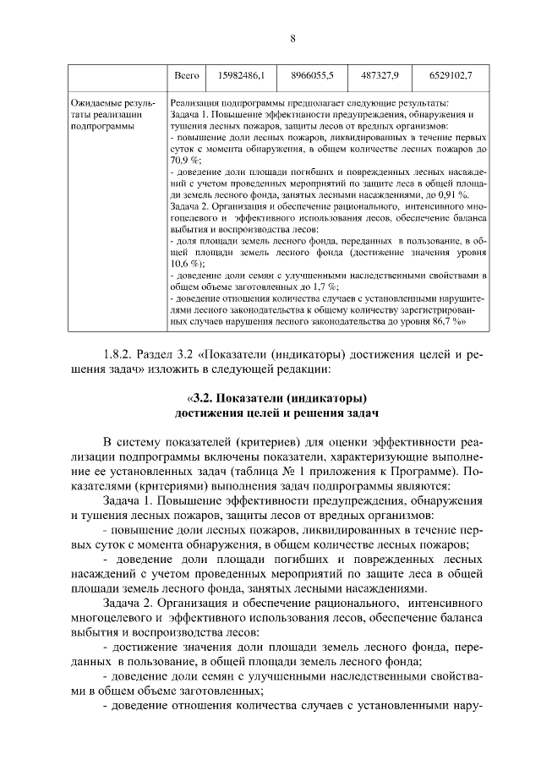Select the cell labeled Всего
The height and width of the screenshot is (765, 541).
(x=185, y=76)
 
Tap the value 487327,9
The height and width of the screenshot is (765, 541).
(x=379, y=76)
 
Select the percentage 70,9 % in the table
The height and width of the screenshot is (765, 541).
(x=185, y=159)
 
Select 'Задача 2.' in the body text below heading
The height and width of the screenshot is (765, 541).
(x=128, y=604)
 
